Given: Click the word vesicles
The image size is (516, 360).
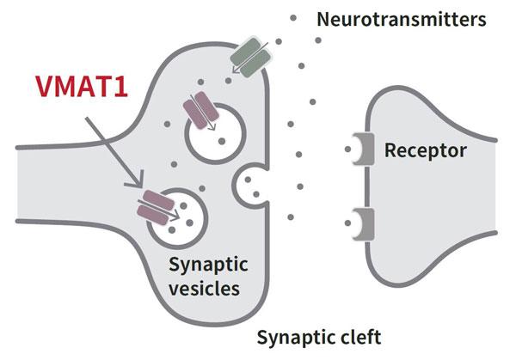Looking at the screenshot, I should tap(204, 288).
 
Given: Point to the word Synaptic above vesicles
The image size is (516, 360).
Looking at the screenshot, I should tap(204, 264).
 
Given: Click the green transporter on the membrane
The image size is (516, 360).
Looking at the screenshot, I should tap(251, 53).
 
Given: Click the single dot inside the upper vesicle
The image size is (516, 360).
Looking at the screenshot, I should tap(222, 140).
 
